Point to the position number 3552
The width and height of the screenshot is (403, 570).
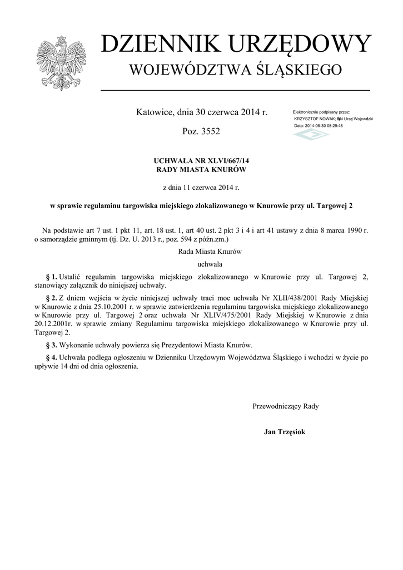pyautogui.click(x=209, y=132)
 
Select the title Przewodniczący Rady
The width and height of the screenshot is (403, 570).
pyautogui.click(x=286, y=406)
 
